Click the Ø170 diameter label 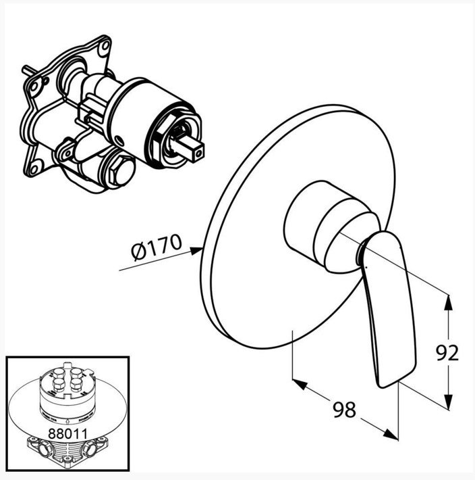click(156, 247)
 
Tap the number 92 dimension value click(447, 353)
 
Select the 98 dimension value click(344, 410)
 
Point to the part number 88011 click(68, 433)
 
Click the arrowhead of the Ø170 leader click(196, 251)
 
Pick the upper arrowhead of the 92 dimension click(448, 302)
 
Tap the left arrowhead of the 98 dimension click(300, 384)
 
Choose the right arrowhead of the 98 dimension click(391, 435)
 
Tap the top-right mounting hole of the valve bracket click(105, 45)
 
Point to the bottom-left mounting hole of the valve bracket click(34, 168)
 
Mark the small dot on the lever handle click(366, 268)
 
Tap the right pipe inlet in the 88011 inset click(90, 450)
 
